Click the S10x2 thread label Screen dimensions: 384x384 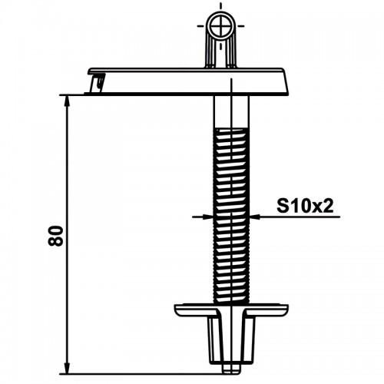click(305, 206)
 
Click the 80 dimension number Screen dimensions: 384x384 click(55, 236)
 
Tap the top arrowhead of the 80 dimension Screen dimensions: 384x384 click(68, 102)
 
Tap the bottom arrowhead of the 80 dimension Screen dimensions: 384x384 click(68, 368)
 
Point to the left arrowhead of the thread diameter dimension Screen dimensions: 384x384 click(208, 217)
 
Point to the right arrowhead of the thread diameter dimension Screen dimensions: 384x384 click(254, 217)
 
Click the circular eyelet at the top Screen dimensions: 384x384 click(220, 26)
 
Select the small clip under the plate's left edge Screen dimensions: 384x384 click(98, 82)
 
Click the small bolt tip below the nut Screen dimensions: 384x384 click(231, 369)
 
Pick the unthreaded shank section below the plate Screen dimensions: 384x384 click(231, 111)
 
